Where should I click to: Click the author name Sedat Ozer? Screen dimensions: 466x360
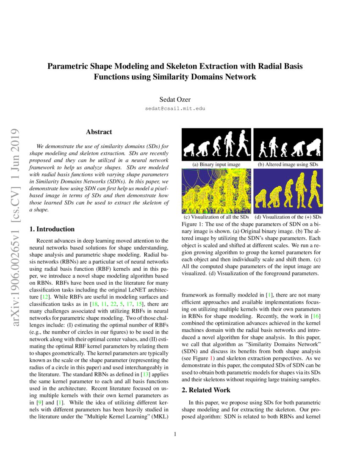pyautogui.click(x=175, y=100)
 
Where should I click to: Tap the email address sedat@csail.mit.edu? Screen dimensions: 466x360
pyautogui.click(x=175, y=108)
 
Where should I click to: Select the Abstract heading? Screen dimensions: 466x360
pyautogui.click(x=99, y=132)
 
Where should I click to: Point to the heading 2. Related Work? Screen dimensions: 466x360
pyautogui.click(x=206, y=390)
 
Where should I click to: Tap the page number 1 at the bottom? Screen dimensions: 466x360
pyautogui.click(x=175, y=434)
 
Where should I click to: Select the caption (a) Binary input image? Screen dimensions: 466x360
pyautogui.click(x=216, y=164)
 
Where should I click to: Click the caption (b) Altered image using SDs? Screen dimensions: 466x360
pyautogui.click(x=288, y=164)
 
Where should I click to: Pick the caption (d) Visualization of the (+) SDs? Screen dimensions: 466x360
pyautogui.click(x=288, y=217)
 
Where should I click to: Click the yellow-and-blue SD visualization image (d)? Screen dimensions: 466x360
pyautogui.click(x=288, y=191)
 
